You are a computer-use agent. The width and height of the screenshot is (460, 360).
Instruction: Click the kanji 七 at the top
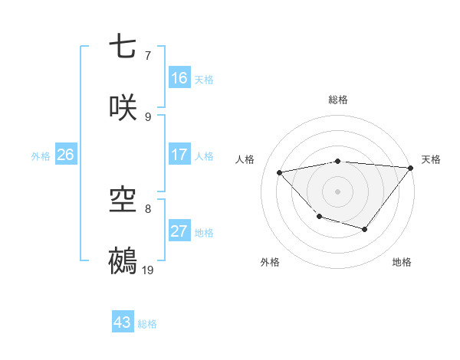pos(123,47)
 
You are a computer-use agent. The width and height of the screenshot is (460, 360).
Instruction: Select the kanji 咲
pos(123,107)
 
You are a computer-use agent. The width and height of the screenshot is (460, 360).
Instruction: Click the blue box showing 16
pos(179,78)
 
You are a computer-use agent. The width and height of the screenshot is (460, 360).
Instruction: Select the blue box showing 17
pos(179,155)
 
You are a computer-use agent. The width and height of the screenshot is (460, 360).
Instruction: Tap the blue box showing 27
pos(179,231)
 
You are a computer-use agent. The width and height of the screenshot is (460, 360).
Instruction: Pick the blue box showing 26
pos(65,155)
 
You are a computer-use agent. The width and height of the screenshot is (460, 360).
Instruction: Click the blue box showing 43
pos(123,322)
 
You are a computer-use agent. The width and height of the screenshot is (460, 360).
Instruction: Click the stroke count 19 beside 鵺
pos(148,270)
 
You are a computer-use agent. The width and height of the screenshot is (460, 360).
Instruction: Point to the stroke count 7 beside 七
pos(147,56)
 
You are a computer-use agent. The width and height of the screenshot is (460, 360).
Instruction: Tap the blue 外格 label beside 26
pos(41,155)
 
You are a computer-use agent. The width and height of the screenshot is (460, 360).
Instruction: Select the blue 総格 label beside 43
pos(147,323)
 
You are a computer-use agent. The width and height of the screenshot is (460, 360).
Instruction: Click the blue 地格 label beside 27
pos(204,232)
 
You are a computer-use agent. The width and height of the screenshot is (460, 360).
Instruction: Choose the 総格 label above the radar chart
pos(338,100)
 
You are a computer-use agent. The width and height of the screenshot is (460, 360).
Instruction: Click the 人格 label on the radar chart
pos(246,159)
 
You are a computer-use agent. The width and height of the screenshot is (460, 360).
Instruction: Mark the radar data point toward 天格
pos(411,168)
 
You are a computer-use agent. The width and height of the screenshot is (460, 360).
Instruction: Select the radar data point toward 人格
pos(280,173)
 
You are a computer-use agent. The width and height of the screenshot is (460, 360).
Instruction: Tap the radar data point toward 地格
pos(365,229)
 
